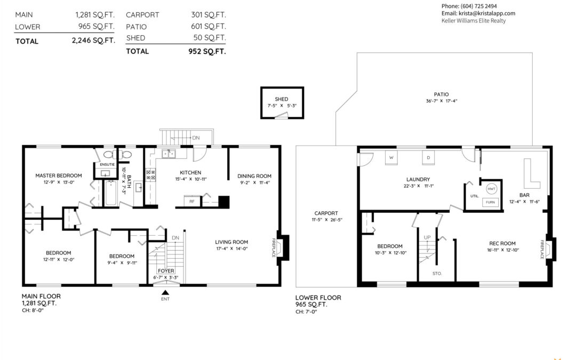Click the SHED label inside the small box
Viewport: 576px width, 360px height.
coord(282,99)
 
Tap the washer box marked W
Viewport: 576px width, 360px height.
coord(391,157)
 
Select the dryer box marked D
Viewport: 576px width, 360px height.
coord(428,157)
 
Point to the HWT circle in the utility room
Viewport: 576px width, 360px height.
coord(492,189)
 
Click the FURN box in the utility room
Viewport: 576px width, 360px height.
coord(491,203)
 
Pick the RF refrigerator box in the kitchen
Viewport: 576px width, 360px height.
coord(192,201)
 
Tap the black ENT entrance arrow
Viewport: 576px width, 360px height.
coord(165,292)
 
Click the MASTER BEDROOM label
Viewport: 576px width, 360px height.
coord(59,175)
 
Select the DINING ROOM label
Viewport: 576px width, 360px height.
coord(254,176)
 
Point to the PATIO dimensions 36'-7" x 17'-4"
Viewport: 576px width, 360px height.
coord(442,101)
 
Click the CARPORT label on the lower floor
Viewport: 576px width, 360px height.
coord(326,213)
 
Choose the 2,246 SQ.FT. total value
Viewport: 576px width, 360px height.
coord(93,41)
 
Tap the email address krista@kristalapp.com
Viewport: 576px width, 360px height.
coord(487,13)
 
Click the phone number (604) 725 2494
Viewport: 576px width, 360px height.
coord(478,6)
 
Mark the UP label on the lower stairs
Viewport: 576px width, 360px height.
coord(427,238)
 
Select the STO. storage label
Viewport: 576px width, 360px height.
coord(437,274)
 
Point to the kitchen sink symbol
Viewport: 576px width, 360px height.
coord(169,153)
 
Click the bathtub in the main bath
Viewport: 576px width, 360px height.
coord(111,193)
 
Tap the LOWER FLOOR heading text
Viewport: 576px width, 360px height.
coord(318,298)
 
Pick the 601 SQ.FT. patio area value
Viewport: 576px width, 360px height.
coord(209,27)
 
